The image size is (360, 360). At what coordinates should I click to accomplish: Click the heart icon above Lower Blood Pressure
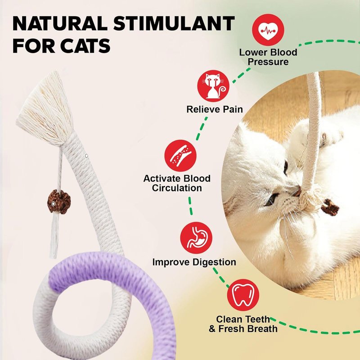coord(268,30)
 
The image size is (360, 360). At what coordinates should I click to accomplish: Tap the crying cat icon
coord(213,86)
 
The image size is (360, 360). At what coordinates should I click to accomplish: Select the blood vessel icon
coord(180,156)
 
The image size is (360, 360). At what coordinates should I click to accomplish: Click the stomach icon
coord(196,238)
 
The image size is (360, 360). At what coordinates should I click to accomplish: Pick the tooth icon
coord(243,295)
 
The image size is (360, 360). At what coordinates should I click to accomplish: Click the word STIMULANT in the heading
coord(174,24)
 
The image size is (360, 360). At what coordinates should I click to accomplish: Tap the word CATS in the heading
coord(85,46)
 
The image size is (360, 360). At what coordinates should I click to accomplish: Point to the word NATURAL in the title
coord(60,24)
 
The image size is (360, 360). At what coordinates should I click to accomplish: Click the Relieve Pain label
coord(215,109)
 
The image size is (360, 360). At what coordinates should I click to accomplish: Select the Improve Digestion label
coord(194,262)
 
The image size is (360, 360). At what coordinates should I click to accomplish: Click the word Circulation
coord(177,188)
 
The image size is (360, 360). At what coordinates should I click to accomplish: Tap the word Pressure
coord(268,62)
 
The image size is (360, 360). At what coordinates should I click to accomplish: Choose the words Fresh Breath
coord(248,329)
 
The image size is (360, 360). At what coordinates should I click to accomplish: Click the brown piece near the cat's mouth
coord(330,207)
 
